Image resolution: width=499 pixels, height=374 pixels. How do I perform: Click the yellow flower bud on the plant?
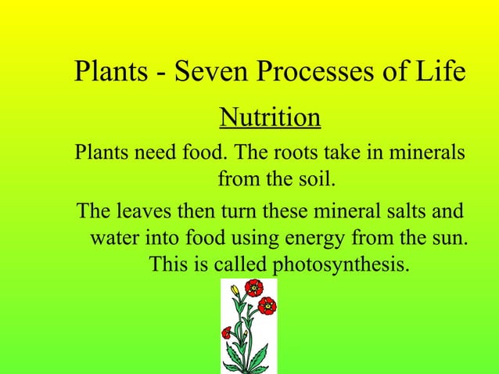[x=235, y=290]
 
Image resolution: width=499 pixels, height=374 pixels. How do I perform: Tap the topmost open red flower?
[x=253, y=288]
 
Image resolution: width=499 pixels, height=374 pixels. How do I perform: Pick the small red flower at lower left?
[x=227, y=333]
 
